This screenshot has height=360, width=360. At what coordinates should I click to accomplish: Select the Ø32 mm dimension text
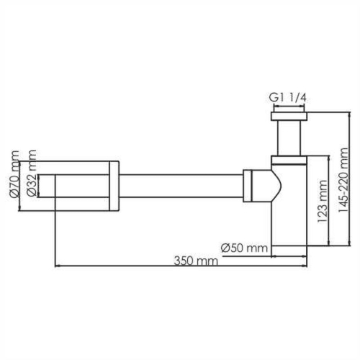pyautogui.click(x=31, y=175)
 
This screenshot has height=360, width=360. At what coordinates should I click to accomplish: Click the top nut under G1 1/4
pyautogui.click(x=289, y=115)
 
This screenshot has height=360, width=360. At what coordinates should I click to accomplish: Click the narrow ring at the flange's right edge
pyautogui.click(x=114, y=186)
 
